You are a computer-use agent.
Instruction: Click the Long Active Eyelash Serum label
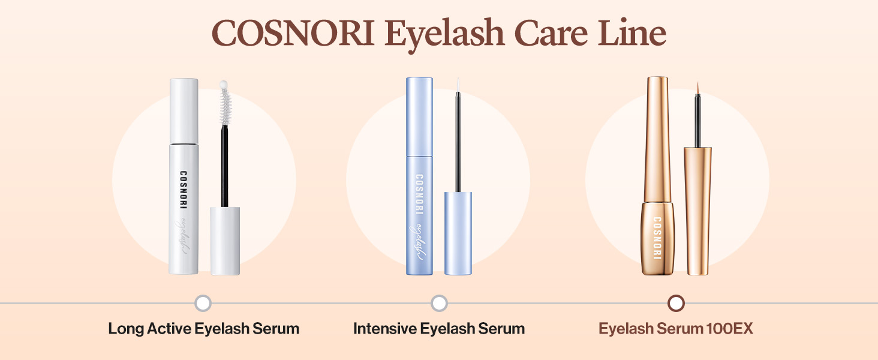(203, 329)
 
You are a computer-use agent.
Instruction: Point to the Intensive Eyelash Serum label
(439, 329)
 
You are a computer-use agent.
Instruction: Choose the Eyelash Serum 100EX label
(676, 329)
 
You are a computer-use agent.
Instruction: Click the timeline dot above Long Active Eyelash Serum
(203, 304)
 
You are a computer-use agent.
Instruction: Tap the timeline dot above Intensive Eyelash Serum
(439, 304)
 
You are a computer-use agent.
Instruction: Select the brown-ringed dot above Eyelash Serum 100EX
(676, 304)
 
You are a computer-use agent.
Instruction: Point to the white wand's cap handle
(225, 240)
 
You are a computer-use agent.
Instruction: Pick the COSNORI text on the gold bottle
(657, 238)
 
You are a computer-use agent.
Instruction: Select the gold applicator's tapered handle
(698, 210)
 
